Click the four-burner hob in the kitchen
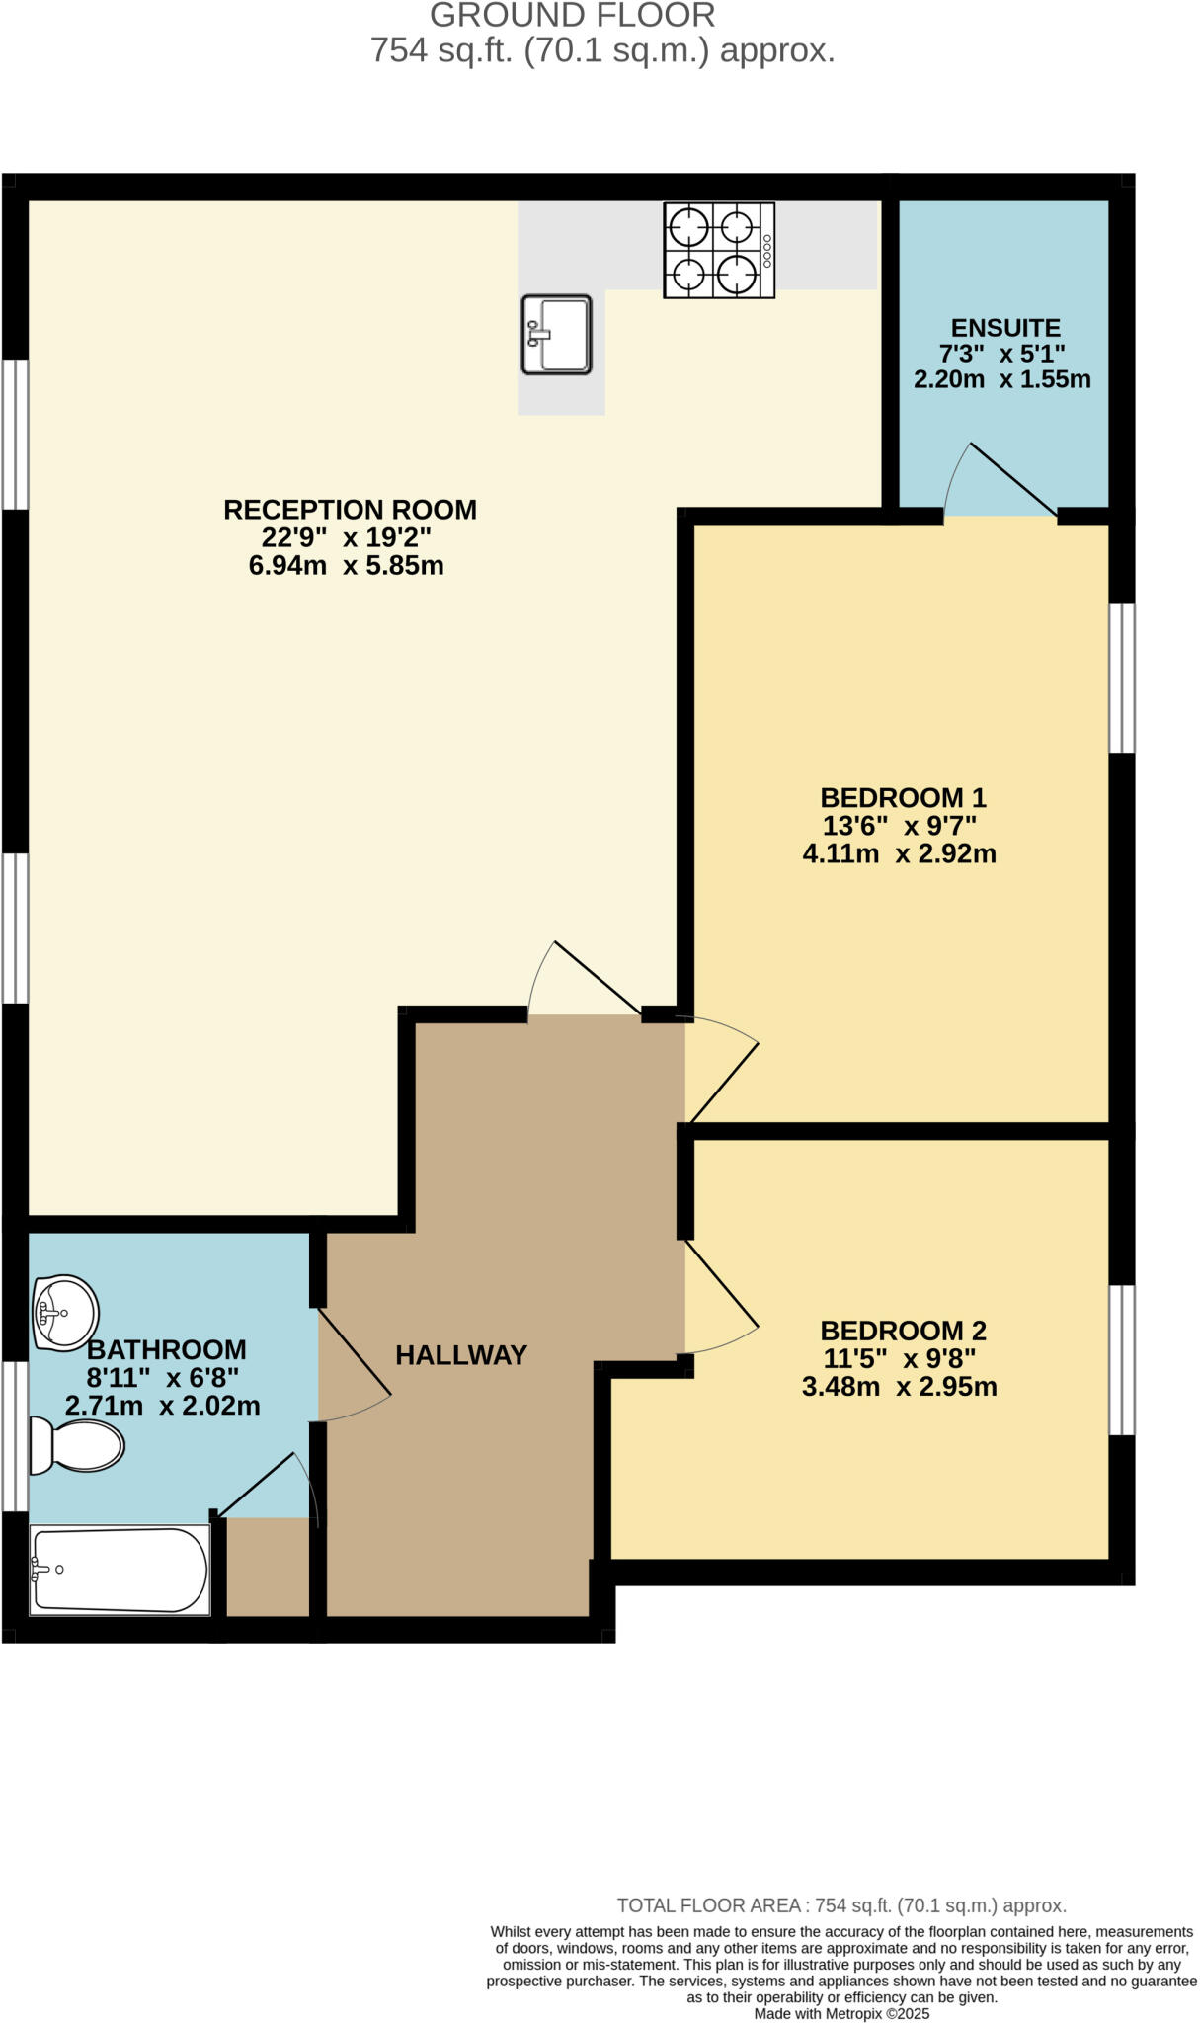(719, 250)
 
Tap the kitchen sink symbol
(556, 335)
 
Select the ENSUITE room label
(1005, 328)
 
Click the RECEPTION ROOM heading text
(350, 510)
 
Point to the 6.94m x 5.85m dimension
(346, 566)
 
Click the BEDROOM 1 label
(903, 797)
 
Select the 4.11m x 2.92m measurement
(899, 853)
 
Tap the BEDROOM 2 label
(903, 1331)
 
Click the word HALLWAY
(461, 1355)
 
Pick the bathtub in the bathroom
(120, 1570)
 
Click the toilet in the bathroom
(77, 1446)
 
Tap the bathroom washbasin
(65, 1313)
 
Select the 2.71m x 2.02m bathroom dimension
(163, 1406)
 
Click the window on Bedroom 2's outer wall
(1121, 1359)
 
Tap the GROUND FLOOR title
(573, 16)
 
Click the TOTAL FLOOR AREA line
(841, 1905)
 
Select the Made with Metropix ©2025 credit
(841, 2013)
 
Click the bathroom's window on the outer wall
(15, 1436)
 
